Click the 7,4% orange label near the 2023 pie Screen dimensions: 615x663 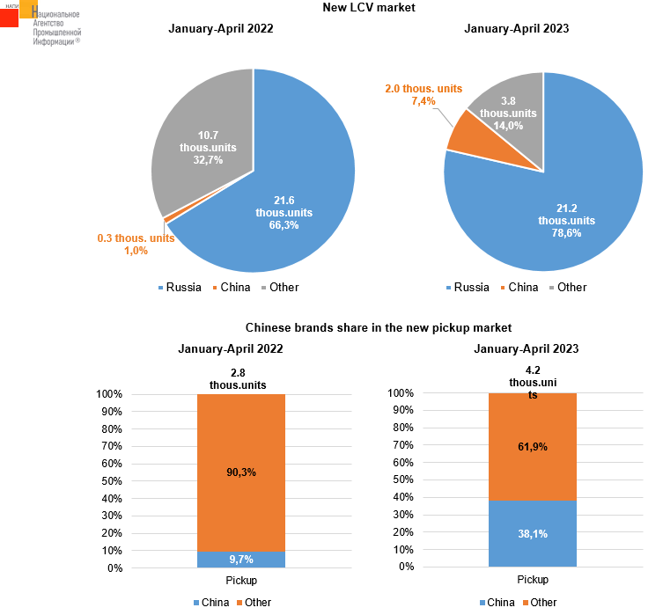tap(424, 102)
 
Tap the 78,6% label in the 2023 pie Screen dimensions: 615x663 tap(566, 232)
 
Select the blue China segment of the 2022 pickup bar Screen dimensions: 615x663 tap(240, 560)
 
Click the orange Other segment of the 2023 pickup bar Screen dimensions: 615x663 tap(532, 446)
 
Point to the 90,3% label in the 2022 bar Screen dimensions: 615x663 tap(240, 472)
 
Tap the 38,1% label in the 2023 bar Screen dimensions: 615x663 tap(533, 534)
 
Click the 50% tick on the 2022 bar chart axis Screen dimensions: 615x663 tap(110, 481)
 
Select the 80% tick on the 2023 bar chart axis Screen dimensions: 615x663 tap(401, 428)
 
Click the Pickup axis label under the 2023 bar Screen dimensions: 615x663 tap(532, 580)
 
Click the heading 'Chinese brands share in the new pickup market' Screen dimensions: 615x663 tap(379, 328)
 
